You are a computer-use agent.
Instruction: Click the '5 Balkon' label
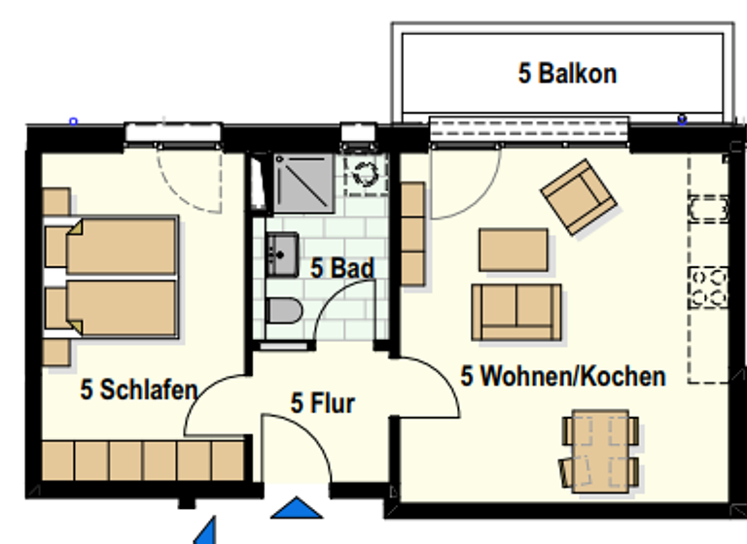tap(567, 73)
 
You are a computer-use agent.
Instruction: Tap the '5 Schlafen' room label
tap(138, 391)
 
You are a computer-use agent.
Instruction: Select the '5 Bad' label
tap(342, 268)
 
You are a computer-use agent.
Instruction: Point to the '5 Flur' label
tap(323, 402)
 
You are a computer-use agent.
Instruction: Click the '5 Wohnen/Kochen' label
tap(563, 376)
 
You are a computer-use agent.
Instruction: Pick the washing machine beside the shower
tap(366, 174)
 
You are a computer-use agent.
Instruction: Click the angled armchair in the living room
tap(579, 197)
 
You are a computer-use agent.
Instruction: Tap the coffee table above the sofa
tap(514, 250)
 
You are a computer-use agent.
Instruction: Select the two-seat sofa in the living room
tap(516, 311)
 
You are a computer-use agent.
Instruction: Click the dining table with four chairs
tap(599, 448)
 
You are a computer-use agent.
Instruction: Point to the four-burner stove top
tap(708, 288)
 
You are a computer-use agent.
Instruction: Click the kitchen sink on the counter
tap(708, 209)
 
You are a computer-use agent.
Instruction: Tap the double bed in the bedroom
tap(112, 277)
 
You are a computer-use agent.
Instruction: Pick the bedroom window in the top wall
tap(174, 132)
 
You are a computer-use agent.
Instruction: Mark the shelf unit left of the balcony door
tap(413, 234)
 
